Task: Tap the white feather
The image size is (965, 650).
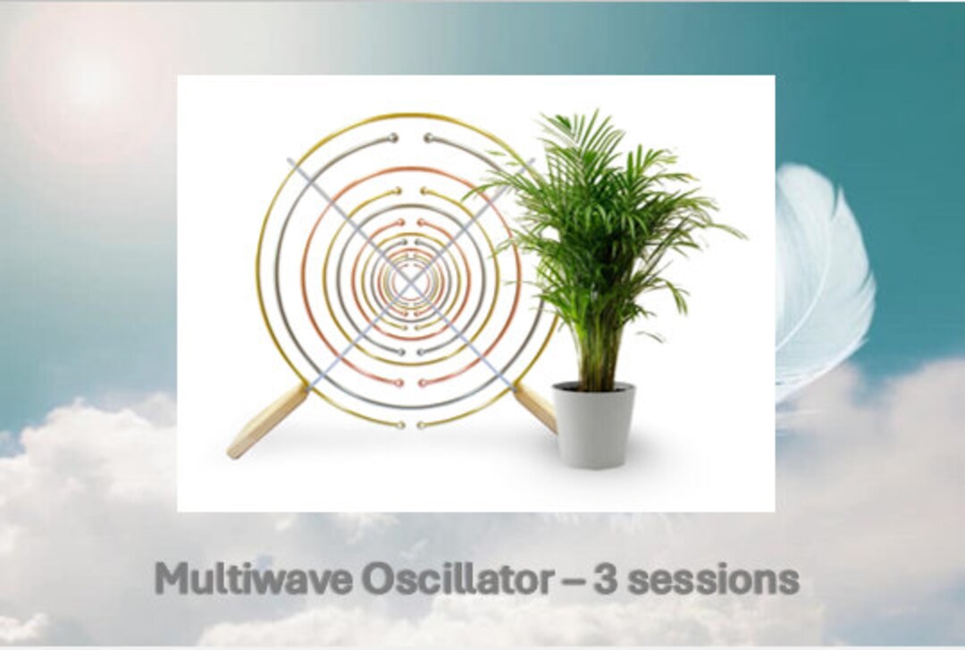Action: click(x=822, y=277)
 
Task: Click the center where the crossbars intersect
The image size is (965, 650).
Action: click(x=409, y=281)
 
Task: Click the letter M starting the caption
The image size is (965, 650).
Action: click(x=171, y=580)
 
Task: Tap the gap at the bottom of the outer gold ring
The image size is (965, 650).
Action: click(x=410, y=423)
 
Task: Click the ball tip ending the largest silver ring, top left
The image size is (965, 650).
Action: click(x=393, y=138)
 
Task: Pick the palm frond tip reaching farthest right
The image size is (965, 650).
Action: click(x=743, y=237)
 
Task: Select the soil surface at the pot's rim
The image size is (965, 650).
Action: click(x=593, y=387)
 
